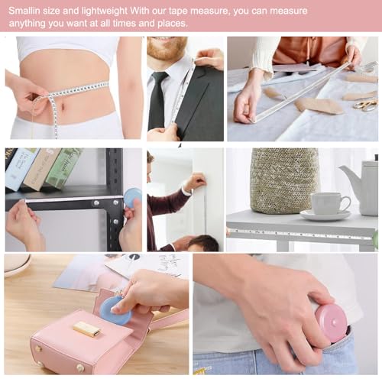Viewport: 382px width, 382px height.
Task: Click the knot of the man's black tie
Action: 160,77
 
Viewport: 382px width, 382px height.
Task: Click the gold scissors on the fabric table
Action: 366,105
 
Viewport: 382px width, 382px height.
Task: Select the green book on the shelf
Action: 64,167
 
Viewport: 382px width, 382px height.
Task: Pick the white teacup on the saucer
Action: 329,203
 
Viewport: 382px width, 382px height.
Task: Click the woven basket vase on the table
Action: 283,181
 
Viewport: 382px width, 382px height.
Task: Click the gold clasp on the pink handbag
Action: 87,329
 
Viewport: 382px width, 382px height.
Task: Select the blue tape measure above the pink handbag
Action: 116,310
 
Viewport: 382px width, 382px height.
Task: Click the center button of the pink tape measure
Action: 334,322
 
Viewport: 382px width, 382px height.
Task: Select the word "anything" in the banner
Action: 28,24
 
